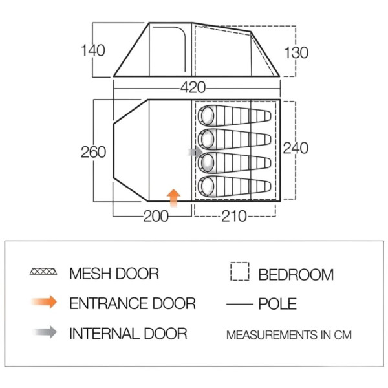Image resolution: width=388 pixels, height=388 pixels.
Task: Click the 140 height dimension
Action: [93, 50]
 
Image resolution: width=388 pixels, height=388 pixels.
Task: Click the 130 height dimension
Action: [296, 53]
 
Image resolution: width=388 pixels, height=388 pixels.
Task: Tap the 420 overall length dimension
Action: [193, 87]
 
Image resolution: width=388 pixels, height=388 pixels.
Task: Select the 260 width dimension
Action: [93, 152]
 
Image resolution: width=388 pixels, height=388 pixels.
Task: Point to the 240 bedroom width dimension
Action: [296, 148]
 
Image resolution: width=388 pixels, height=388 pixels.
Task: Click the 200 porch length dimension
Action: [156, 216]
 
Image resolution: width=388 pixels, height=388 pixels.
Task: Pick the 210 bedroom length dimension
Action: [234, 216]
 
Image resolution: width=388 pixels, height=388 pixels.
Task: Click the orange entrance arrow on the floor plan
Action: [173, 199]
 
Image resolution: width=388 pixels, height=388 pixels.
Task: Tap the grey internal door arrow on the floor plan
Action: [195, 151]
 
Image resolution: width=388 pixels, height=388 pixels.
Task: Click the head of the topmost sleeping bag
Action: [207, 116]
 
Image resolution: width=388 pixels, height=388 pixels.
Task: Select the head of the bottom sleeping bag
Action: [207, 186]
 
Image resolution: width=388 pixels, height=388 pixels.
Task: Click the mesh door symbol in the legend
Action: [43, 272]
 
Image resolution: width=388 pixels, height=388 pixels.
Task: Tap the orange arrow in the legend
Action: [44, 302]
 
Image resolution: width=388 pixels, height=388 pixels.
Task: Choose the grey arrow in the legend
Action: [45, 332]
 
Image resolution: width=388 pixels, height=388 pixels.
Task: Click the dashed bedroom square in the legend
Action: [240, 272]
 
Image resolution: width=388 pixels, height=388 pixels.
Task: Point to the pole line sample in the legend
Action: [240, 304]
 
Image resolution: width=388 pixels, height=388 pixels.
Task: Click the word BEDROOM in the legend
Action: [296, 275]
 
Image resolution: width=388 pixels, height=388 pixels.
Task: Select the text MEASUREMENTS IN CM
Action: [289, 335]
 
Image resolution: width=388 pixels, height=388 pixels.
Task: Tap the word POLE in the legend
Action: [277, 304]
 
